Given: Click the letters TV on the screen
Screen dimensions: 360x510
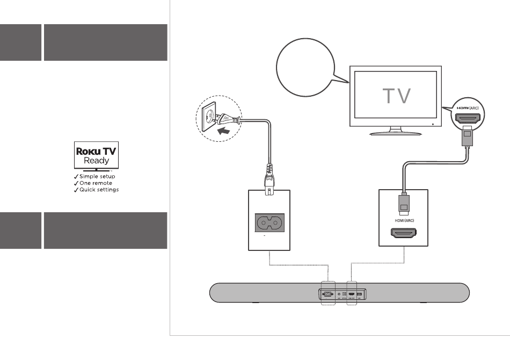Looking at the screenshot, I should click(x=397, y=96).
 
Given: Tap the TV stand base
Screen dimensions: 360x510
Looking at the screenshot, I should click(x=396, y=132).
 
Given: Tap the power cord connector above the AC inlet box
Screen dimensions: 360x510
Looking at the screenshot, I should click(x=269, y=177).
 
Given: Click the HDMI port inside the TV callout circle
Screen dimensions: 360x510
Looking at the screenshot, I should click(x=468, y=118).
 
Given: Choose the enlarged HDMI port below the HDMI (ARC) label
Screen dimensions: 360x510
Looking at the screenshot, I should click(x=403, y=234).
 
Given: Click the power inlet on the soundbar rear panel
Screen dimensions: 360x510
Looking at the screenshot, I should click(x=327, y=294).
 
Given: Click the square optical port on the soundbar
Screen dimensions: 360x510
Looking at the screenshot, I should click(x=344, y=294).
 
